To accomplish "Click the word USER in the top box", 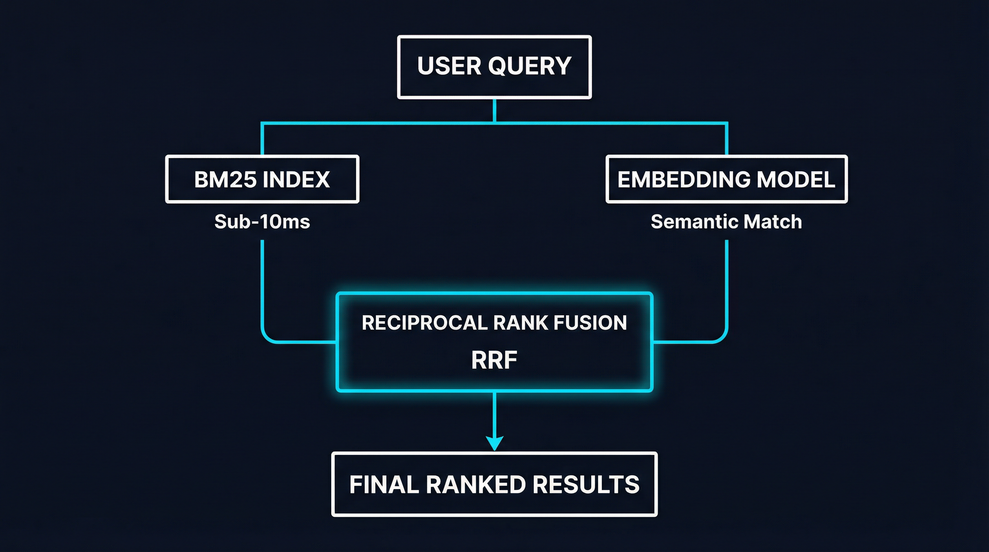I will coord(448,66).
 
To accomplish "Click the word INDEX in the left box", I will coord(296,180).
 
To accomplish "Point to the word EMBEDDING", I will coord(684,180).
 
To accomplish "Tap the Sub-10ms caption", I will coord(262,222).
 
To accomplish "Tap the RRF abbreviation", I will coord(494,360).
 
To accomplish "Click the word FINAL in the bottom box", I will coord(384,484).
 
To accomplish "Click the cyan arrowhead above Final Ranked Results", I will coord(494,443).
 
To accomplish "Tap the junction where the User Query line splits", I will coord(494,123).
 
